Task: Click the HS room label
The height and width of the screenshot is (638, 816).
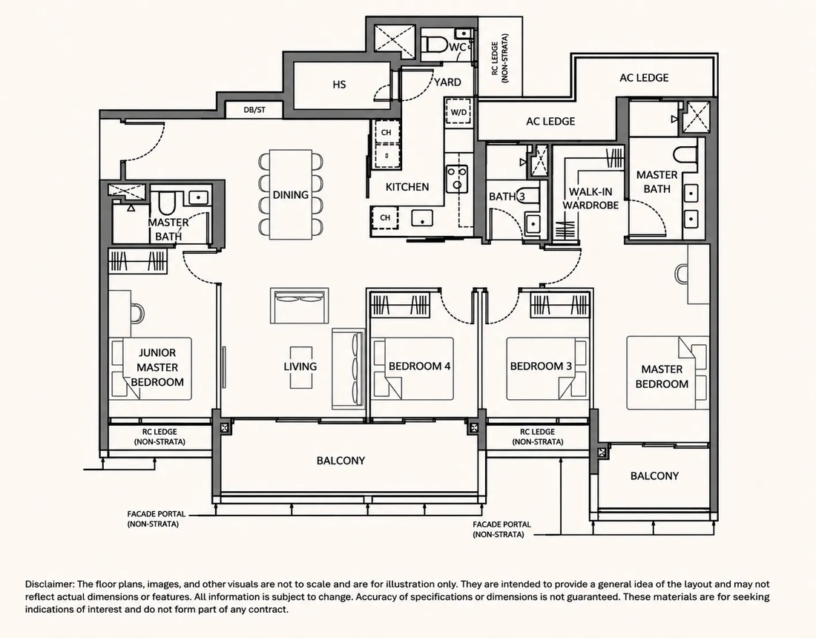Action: click(x=339, y=85)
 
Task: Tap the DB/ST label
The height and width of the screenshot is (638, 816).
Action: click(x=254, y=110)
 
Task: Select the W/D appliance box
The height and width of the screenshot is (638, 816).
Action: click(x=458, y=111)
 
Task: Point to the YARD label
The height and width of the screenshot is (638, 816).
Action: click(x=447, y=82)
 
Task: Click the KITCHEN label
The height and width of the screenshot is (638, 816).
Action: click(x=407, y=187)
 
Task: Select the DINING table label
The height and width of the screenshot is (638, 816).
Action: click(x=290, y=194)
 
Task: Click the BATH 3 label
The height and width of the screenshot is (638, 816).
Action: click(x=507, y=197)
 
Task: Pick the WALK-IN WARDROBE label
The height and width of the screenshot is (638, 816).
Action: click(x=590, y=198)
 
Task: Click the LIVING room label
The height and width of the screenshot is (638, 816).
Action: click(x=300, y=366)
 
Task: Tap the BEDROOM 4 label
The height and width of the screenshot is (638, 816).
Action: click(x=419, y=366)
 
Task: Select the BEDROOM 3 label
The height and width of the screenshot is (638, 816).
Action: click(x=541, y=366)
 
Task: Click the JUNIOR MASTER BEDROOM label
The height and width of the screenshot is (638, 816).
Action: click(x=157, y=367)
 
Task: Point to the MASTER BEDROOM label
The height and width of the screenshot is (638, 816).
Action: click(x=662, y=376)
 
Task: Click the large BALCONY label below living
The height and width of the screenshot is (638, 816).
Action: click(x=341, y=461)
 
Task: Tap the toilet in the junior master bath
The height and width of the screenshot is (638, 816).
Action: click(x=166, y=203)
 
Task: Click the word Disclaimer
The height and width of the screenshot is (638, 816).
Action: click(x=50, y=585)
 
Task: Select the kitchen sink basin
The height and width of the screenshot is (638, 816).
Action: click(x=422, y=217)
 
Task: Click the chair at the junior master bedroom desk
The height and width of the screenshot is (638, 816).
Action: click(x=137, y=313)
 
